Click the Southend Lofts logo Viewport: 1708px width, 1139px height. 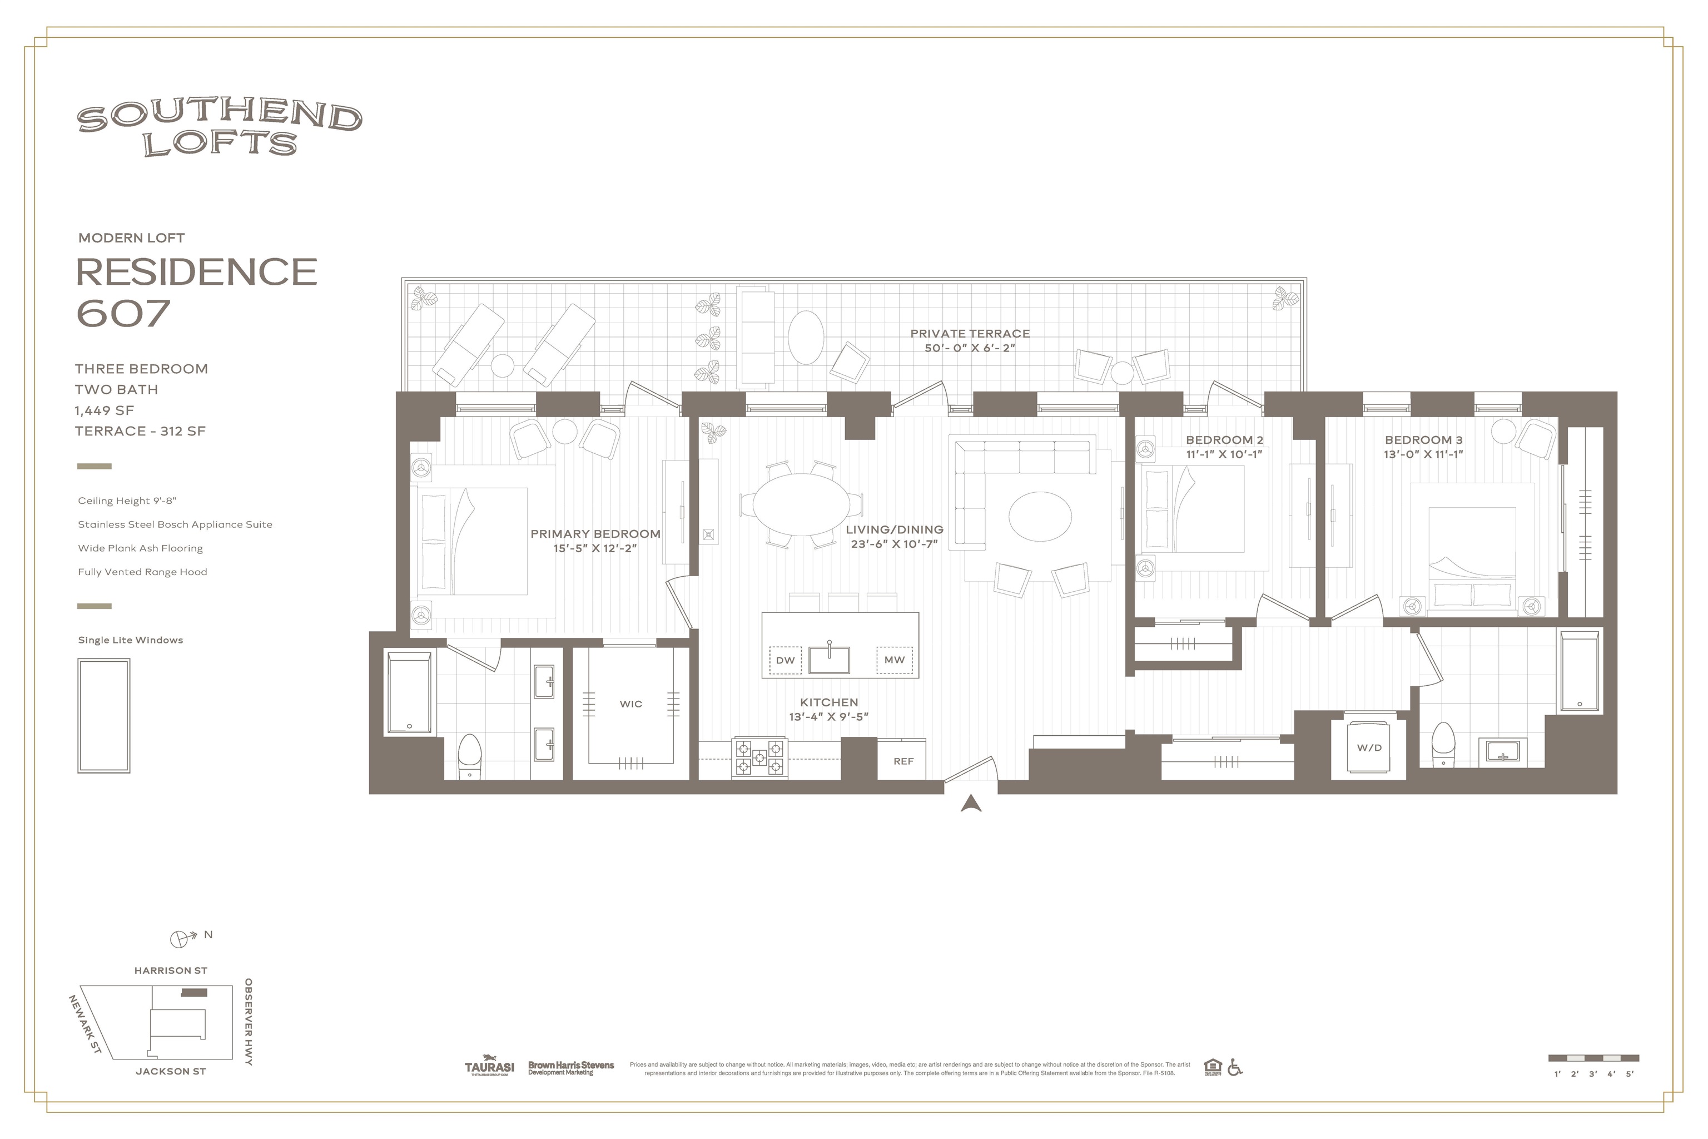pos(219,129)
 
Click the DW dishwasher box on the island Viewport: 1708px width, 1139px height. pos(785,660)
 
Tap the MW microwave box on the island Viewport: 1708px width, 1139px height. pos(894,660)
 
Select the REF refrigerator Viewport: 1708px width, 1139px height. pos(903,761)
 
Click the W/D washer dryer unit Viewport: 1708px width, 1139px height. pos(1369,747)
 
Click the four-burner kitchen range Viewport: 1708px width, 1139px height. pos(759,757)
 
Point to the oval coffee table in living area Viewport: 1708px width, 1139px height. pos(1040,516)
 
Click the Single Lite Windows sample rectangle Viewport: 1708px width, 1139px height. pos(104,716)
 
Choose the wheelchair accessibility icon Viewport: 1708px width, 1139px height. pos(1234,1067)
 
